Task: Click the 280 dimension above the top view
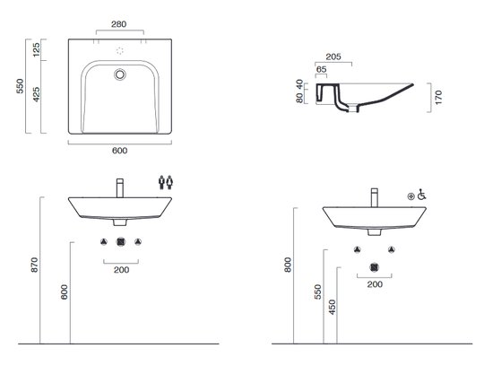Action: (x=119, y=24)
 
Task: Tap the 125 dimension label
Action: (x=36, y=49)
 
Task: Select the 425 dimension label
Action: (x=36, y=94)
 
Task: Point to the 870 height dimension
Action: (x=34, y=265)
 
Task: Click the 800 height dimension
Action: (x=288, y=265)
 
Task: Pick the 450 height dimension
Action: (x=333, y=307)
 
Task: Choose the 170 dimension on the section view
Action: (x=438, y=98)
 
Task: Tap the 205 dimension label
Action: (x=333, y=57)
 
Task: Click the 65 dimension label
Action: (x=322, y=69)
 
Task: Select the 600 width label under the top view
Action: (x=120, y=151)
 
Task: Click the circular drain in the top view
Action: (x=120, y=74)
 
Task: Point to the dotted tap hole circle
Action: (x=120, y=51)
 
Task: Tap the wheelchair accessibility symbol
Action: (x=421, y=195)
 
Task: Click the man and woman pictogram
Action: (x=166, y=182)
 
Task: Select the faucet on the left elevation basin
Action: (x=120, y=187)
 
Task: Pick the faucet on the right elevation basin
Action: (x=375, y=197)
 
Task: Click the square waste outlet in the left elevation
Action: (x=121, y=242)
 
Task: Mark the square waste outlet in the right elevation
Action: (x=375, y=267)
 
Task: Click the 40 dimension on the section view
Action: (x=299, y=83)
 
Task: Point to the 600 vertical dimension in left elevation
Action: (x=64, y=291)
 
